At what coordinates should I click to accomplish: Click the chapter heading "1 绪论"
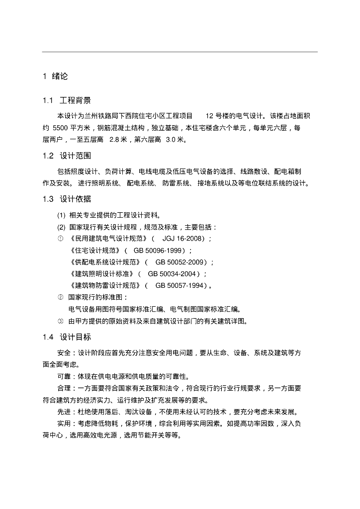55,77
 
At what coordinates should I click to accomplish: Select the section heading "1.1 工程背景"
67,101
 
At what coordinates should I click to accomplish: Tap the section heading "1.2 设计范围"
67,156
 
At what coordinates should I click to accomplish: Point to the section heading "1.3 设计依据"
67,199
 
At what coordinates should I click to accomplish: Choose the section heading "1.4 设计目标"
67,337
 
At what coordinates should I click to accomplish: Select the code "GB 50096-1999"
158,250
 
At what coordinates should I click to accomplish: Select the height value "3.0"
171,139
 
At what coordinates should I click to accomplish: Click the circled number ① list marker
60,239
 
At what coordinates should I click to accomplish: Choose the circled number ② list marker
60,297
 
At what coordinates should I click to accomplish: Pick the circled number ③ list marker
60,321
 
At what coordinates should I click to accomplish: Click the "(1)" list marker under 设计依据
61,215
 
